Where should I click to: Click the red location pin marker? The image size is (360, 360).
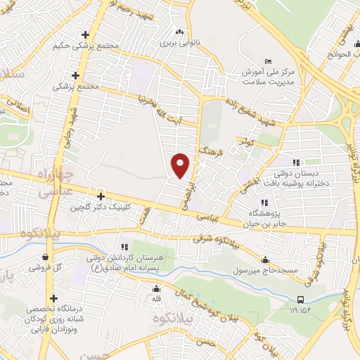click(181, 165)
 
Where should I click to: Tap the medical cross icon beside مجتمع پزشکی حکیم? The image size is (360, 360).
click(86, 34)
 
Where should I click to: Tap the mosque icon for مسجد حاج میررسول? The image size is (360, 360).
click(264, 259)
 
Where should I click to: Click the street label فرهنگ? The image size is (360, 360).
click(210, 153)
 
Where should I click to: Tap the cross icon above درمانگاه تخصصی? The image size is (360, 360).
click(53, 297)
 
